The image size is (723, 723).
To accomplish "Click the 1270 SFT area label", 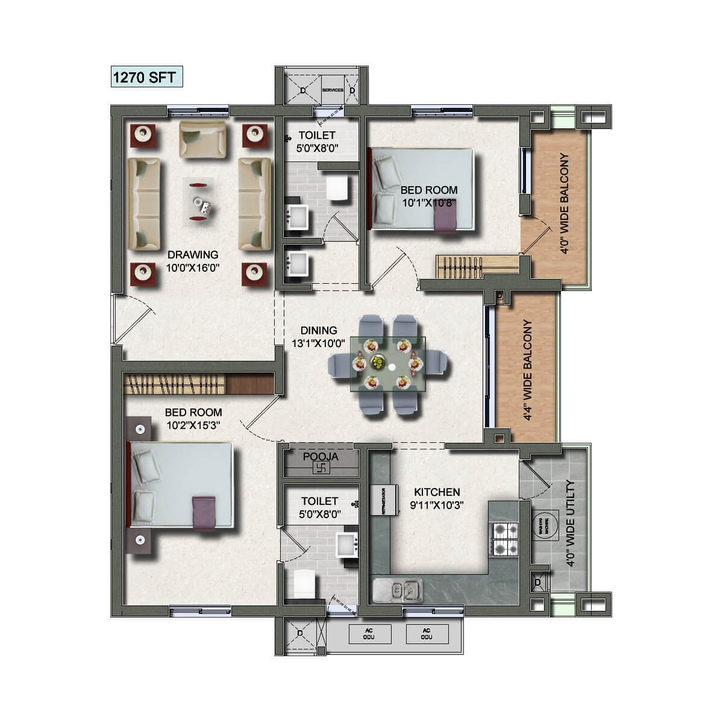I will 146,78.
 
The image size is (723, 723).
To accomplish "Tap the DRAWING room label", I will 193,255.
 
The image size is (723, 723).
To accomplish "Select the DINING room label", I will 319,330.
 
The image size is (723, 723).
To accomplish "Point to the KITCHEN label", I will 437,492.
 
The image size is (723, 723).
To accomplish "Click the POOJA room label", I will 321,457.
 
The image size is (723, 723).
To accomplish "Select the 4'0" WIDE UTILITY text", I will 571,524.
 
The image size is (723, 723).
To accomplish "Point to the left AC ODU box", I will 369,633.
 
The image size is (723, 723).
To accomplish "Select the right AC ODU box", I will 427,633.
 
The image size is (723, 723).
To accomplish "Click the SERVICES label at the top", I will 333,90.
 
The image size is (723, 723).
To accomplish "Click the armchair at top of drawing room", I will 203,138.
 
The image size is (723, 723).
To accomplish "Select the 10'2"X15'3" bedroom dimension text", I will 193,425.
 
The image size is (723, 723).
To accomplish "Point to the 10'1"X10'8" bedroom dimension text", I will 429,203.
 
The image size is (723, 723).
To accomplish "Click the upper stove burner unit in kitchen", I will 502,531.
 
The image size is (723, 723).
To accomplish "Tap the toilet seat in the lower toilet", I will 304,584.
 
